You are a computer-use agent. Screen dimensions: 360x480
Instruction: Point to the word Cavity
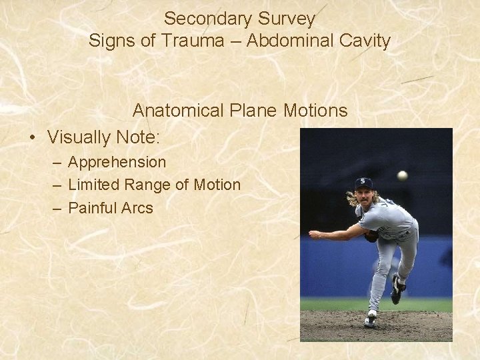(x=363, y=41)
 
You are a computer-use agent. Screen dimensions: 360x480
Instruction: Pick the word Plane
(x=249, y=109)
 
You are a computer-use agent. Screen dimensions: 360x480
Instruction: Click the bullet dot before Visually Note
(x=32, y=138)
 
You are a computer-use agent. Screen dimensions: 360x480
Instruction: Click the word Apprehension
(x=117, y=162)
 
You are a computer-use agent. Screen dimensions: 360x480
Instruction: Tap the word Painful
(x=93, y=207)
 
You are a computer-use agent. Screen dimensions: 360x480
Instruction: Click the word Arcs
(x=137, y=207)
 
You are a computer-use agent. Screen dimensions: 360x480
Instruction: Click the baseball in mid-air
(x=402, y=175)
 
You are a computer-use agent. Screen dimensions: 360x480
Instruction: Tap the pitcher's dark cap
(x=363, y=183)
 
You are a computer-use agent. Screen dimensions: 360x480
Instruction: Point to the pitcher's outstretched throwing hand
(x=313, y=235)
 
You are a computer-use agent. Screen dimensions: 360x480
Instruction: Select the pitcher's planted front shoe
(x=370, y=319)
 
